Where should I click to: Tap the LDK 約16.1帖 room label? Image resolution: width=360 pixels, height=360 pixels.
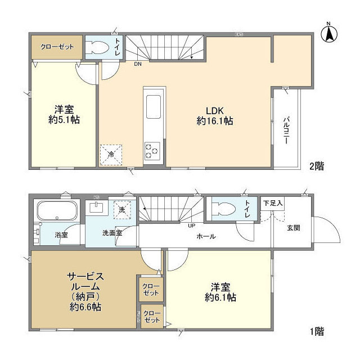(215, 115)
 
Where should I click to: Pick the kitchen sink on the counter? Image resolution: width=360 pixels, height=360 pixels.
(154, 105)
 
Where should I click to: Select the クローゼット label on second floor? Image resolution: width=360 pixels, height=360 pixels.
(56, 47)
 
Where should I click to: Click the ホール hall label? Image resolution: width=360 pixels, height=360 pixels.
(206, 237)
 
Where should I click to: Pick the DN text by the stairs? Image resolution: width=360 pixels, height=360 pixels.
(138, 64)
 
